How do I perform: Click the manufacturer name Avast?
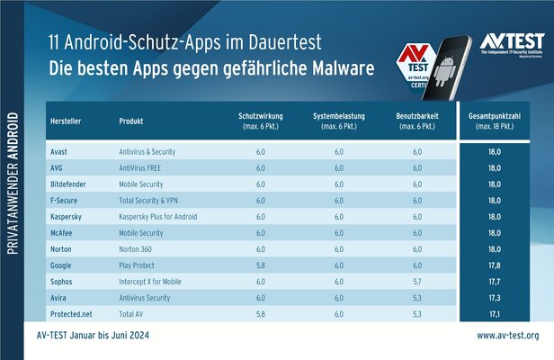tap(61, 153)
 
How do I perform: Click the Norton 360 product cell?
tap(138, 248)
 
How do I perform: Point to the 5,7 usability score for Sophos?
tap(416, 281)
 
